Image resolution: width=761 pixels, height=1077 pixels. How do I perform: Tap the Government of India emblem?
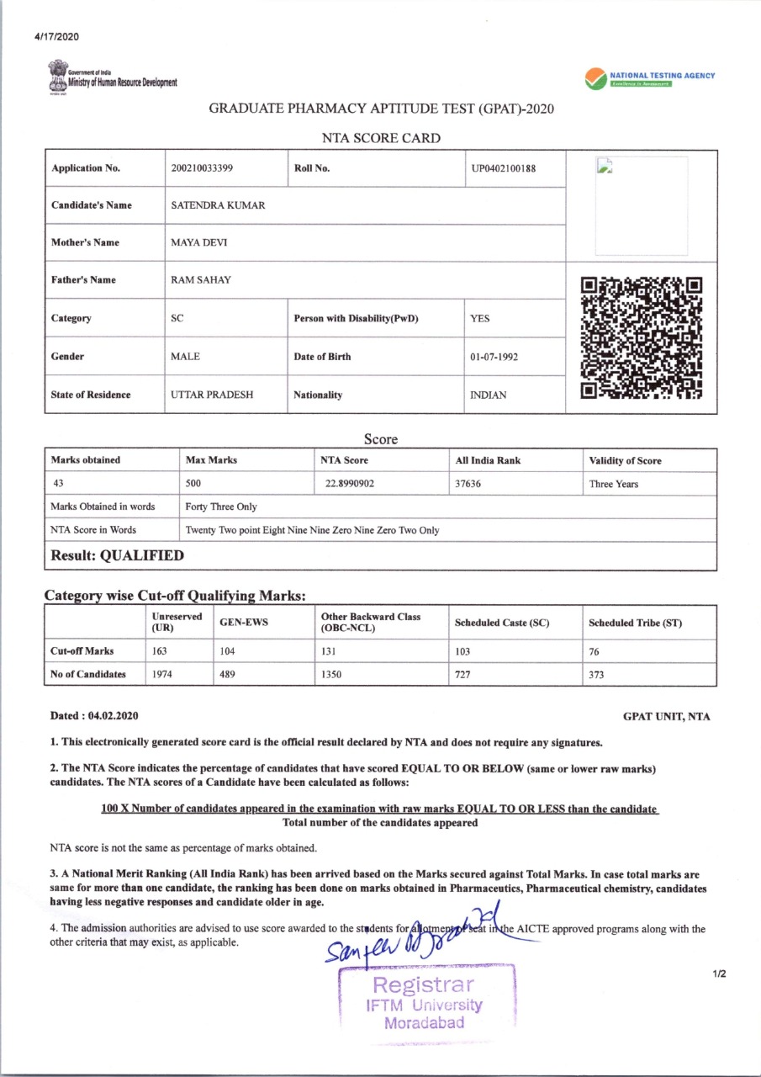58,75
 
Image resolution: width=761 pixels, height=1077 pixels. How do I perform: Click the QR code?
642,337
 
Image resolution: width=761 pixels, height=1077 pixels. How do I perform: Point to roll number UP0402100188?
504,167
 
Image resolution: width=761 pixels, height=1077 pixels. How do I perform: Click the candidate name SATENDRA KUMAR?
218,205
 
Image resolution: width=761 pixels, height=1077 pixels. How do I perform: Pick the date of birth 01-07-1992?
494,357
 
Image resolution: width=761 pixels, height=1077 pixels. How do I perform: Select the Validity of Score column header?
625,460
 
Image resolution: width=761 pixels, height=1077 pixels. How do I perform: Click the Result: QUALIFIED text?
117,555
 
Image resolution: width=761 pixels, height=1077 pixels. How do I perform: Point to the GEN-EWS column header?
238,623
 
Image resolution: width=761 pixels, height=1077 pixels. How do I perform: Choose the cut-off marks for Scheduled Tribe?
595,651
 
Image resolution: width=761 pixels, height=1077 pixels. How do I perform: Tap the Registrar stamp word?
424,984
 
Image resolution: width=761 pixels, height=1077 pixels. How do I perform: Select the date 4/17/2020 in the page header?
56,36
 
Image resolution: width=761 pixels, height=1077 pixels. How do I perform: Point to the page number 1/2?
719,974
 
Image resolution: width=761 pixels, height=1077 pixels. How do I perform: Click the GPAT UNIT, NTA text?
666,717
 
